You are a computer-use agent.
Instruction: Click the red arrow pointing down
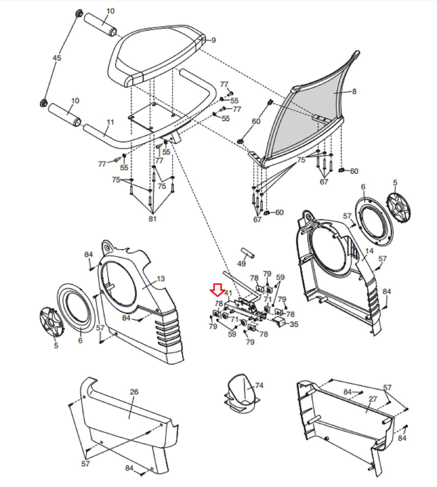click(217, 290)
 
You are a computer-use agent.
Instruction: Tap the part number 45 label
click(57, 58)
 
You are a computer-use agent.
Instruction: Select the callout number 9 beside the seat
click(214, 40)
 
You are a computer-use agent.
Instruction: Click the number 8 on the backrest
click(354, 91)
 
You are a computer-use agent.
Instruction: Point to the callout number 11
click(110, 122)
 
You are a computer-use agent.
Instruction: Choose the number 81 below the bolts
click(152, 219)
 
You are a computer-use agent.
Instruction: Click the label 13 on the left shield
click(161, 279)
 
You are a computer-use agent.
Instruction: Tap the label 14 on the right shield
click(369, 251)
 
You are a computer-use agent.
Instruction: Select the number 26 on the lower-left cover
click(134, 392)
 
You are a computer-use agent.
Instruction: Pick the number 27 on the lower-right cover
click(373, 399)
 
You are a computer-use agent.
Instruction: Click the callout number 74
click(259, 385)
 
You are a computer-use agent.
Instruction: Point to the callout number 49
click(241, 263)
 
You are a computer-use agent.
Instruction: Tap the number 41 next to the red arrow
click(228, 293)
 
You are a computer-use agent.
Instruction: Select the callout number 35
click(294, 324)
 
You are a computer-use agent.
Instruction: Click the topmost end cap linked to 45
click(79, 14)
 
